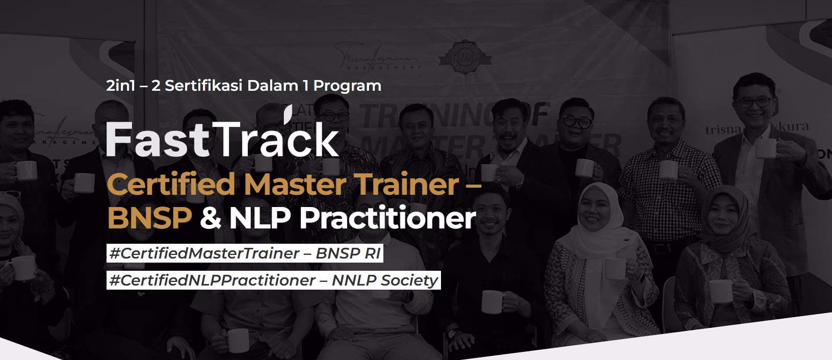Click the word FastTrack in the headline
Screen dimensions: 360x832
click(x=222, y=139)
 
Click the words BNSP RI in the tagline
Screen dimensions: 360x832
click(x=348, y=253)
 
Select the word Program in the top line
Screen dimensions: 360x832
click(x=347, y=85)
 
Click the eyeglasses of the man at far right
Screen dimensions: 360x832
click(x=755, y=101)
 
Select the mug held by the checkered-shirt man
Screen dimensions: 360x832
click(x=667, y=172)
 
